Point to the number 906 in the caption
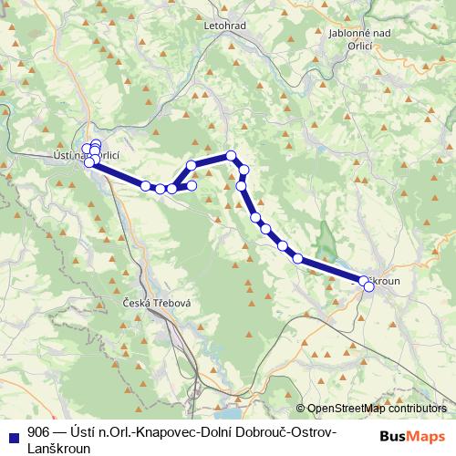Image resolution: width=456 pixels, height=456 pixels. tap(38, 431)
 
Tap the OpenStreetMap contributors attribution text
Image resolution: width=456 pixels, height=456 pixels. tap(376, 409)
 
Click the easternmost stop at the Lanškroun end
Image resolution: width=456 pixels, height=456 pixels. tap(369, 286)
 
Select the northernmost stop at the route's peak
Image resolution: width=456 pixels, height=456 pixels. tap(232, 155)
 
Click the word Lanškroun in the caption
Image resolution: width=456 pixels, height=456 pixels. tap(57, 447)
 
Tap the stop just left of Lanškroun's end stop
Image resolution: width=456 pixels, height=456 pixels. tap(363, 281)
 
